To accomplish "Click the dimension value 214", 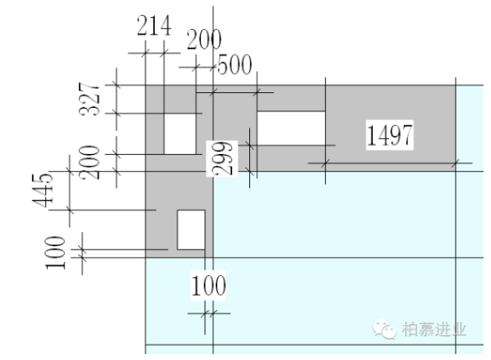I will point(154,27).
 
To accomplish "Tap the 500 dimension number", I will point(234,65).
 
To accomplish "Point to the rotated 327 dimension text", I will point(90,99).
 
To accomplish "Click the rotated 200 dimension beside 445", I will point(90,163).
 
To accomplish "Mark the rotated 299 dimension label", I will point(221,158).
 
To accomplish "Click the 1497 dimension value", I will point(389,136).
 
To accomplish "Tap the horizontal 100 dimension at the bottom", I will point(208,286).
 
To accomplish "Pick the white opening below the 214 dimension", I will point(179,134).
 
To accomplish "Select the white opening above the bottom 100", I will point(190,230).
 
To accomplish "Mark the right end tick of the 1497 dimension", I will point(455,162).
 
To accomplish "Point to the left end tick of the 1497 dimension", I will point(325,162).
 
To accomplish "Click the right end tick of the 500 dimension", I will point(257,92).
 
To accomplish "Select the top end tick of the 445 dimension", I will point(70,170).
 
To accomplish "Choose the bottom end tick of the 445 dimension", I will point(70,210).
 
